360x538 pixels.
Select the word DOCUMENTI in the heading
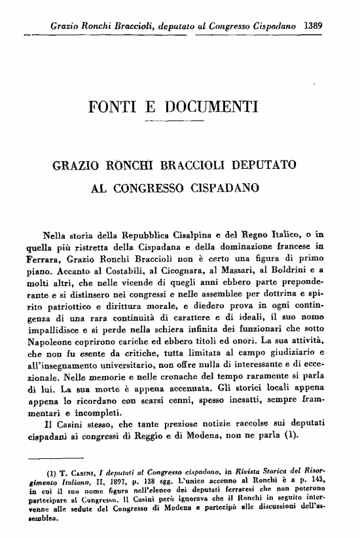pyautogui.click(x=216, y=106)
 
